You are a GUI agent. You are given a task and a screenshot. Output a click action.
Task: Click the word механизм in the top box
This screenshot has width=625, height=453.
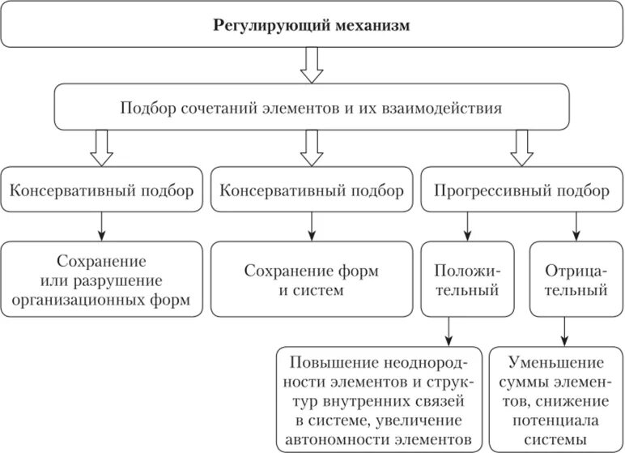click(x=368, y=26)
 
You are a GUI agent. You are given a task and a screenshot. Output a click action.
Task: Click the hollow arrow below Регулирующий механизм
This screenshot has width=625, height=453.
click(x=312, y=65)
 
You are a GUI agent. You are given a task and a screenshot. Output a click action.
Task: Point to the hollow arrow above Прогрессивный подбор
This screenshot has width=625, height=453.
click(x=521, y=147)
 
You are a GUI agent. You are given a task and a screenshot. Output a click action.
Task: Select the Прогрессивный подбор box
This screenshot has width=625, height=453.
click(x=521, y=191)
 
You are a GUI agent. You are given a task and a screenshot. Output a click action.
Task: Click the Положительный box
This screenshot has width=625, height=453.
click(x=459, y=279)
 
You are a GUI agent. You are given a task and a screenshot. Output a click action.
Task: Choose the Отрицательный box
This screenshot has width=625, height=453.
click(x=569, y=279)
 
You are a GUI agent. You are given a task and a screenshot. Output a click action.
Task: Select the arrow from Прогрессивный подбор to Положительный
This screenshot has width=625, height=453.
click(x=469, y=226)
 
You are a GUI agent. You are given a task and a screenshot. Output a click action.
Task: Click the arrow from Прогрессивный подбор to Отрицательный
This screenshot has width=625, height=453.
click(x=574, y=226)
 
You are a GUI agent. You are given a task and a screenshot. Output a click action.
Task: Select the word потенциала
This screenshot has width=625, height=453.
click(x=557, y=420)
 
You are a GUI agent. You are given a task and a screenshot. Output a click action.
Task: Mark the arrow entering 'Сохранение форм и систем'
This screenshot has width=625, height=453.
click(x=312, y=226)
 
